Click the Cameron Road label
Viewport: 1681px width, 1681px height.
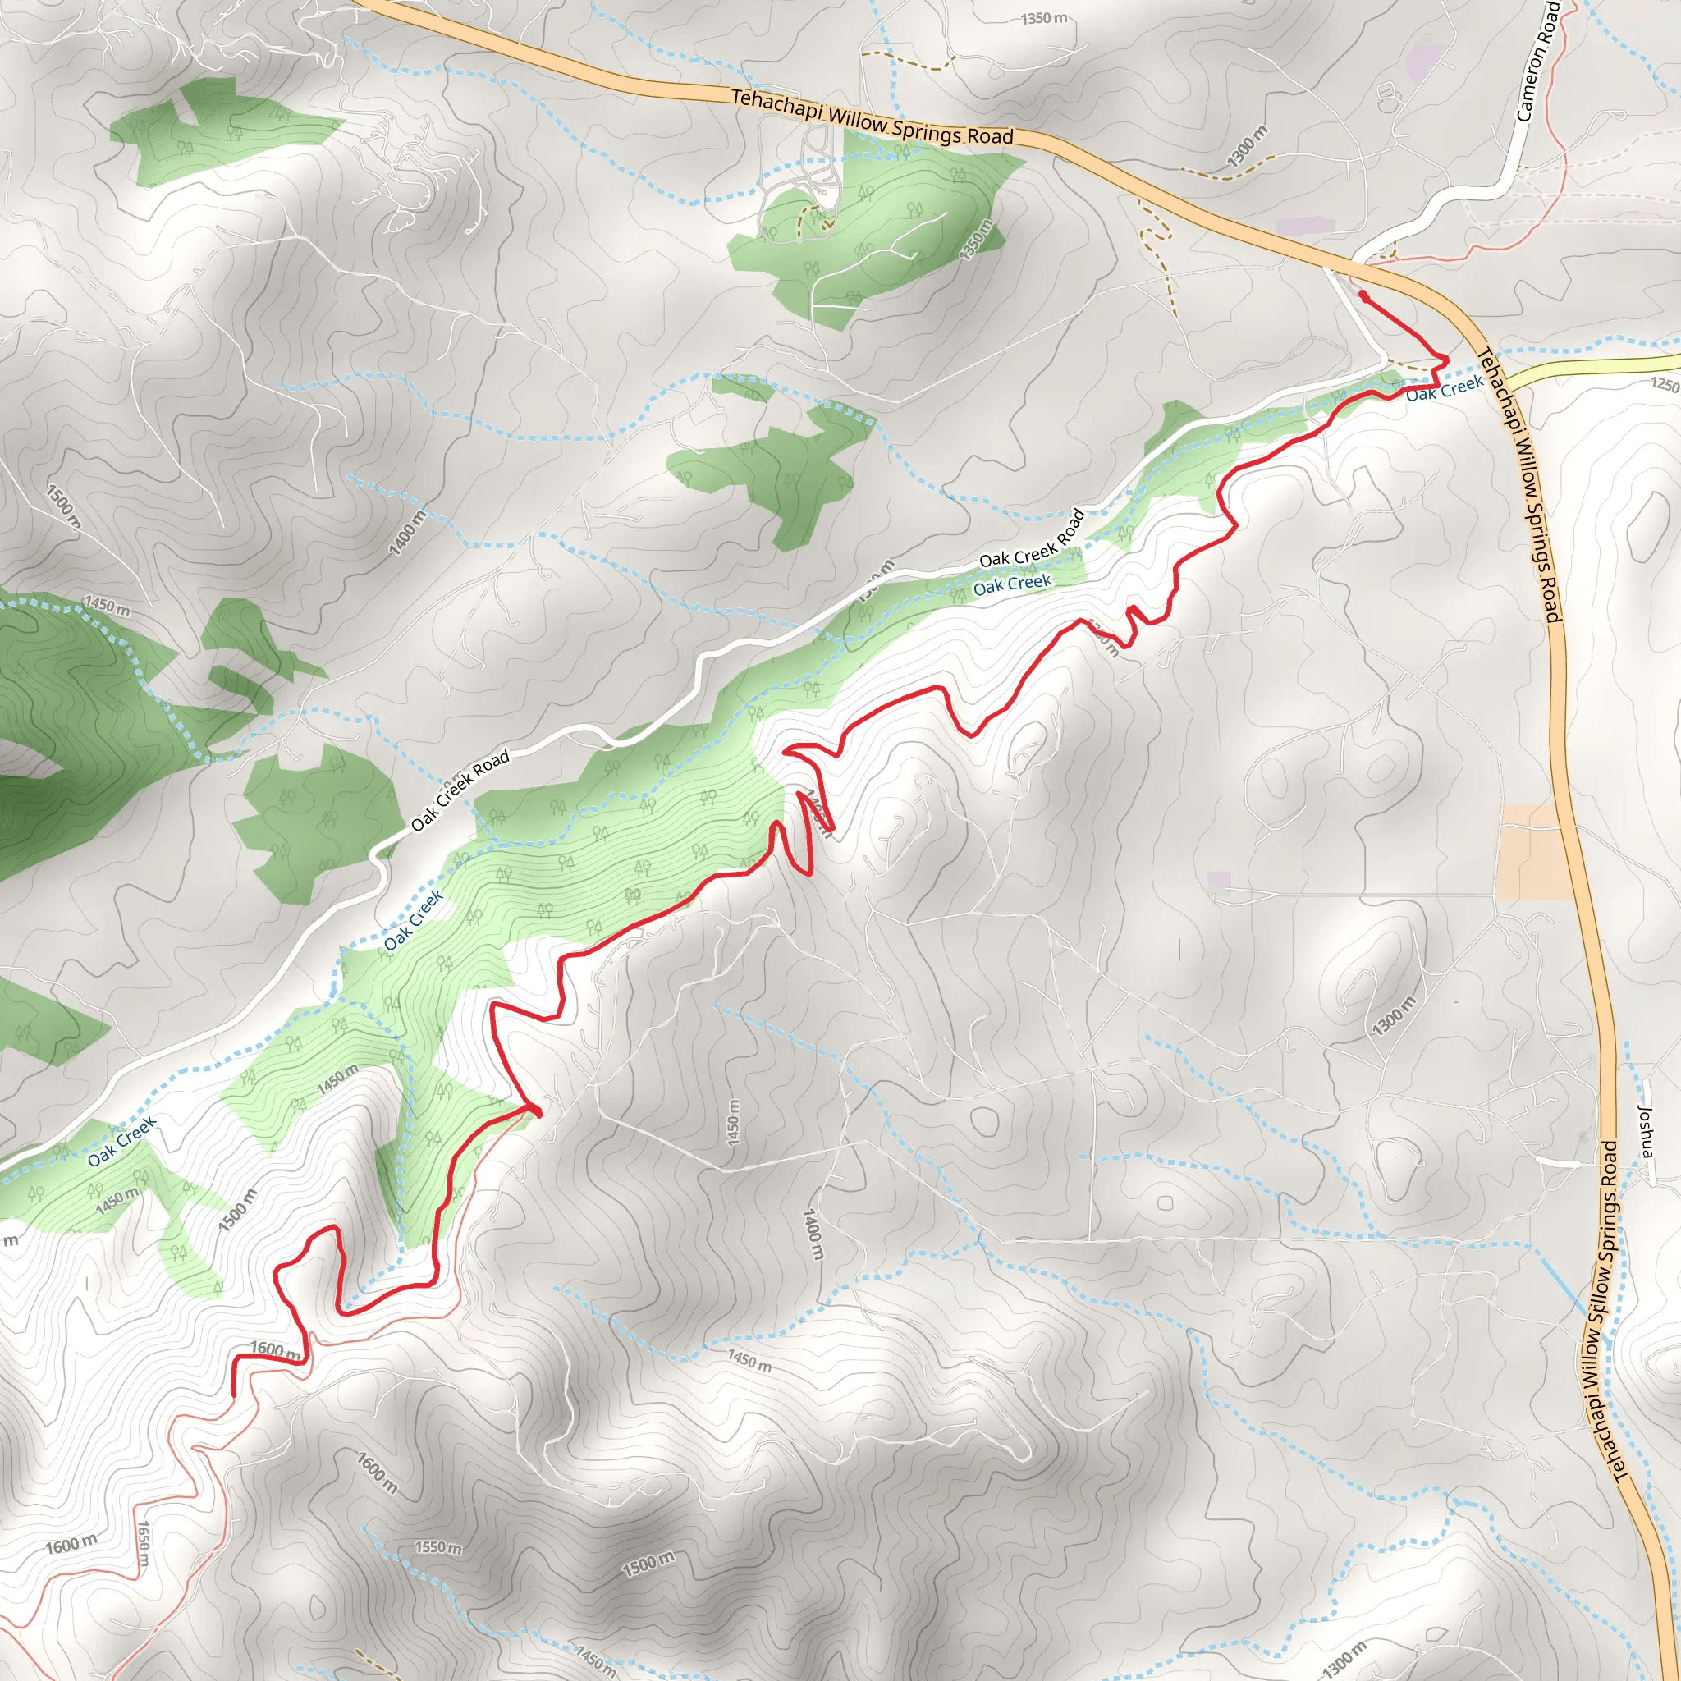[x=1537, y=61]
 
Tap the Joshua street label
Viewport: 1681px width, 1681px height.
[x=1644, y=1131]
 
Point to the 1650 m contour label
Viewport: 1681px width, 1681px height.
[x=144, y=1546]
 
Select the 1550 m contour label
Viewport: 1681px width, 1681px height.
[x=437, y=1547]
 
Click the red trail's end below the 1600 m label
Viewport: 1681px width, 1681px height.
[x=233, y=1393]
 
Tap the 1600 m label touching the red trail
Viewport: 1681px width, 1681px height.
[x=275, y=1349]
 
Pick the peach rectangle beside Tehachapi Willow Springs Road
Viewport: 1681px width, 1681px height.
[x=1535, y=852]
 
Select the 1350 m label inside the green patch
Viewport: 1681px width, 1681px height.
[x=975, y=240]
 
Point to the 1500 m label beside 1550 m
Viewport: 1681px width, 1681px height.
[x=648, y=1564]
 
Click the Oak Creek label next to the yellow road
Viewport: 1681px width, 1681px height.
[x=1445, y=388]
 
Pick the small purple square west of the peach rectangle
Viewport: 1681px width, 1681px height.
[x=1219, y=880]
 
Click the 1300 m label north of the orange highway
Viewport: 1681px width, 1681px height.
[x=1248, y=146]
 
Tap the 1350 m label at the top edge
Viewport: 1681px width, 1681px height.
[x=1044, y=17]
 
